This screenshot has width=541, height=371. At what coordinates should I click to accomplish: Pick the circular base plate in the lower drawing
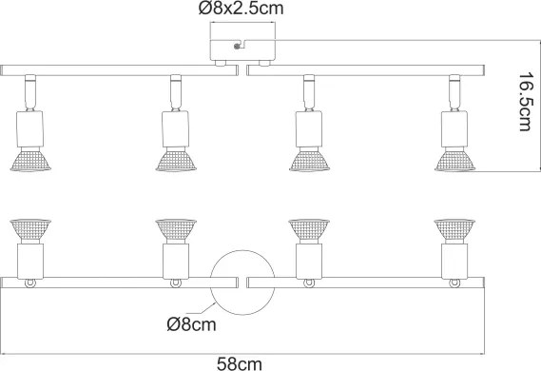238,283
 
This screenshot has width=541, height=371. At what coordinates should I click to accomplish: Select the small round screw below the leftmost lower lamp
31,283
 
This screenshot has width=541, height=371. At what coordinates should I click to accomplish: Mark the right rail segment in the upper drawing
366,68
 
